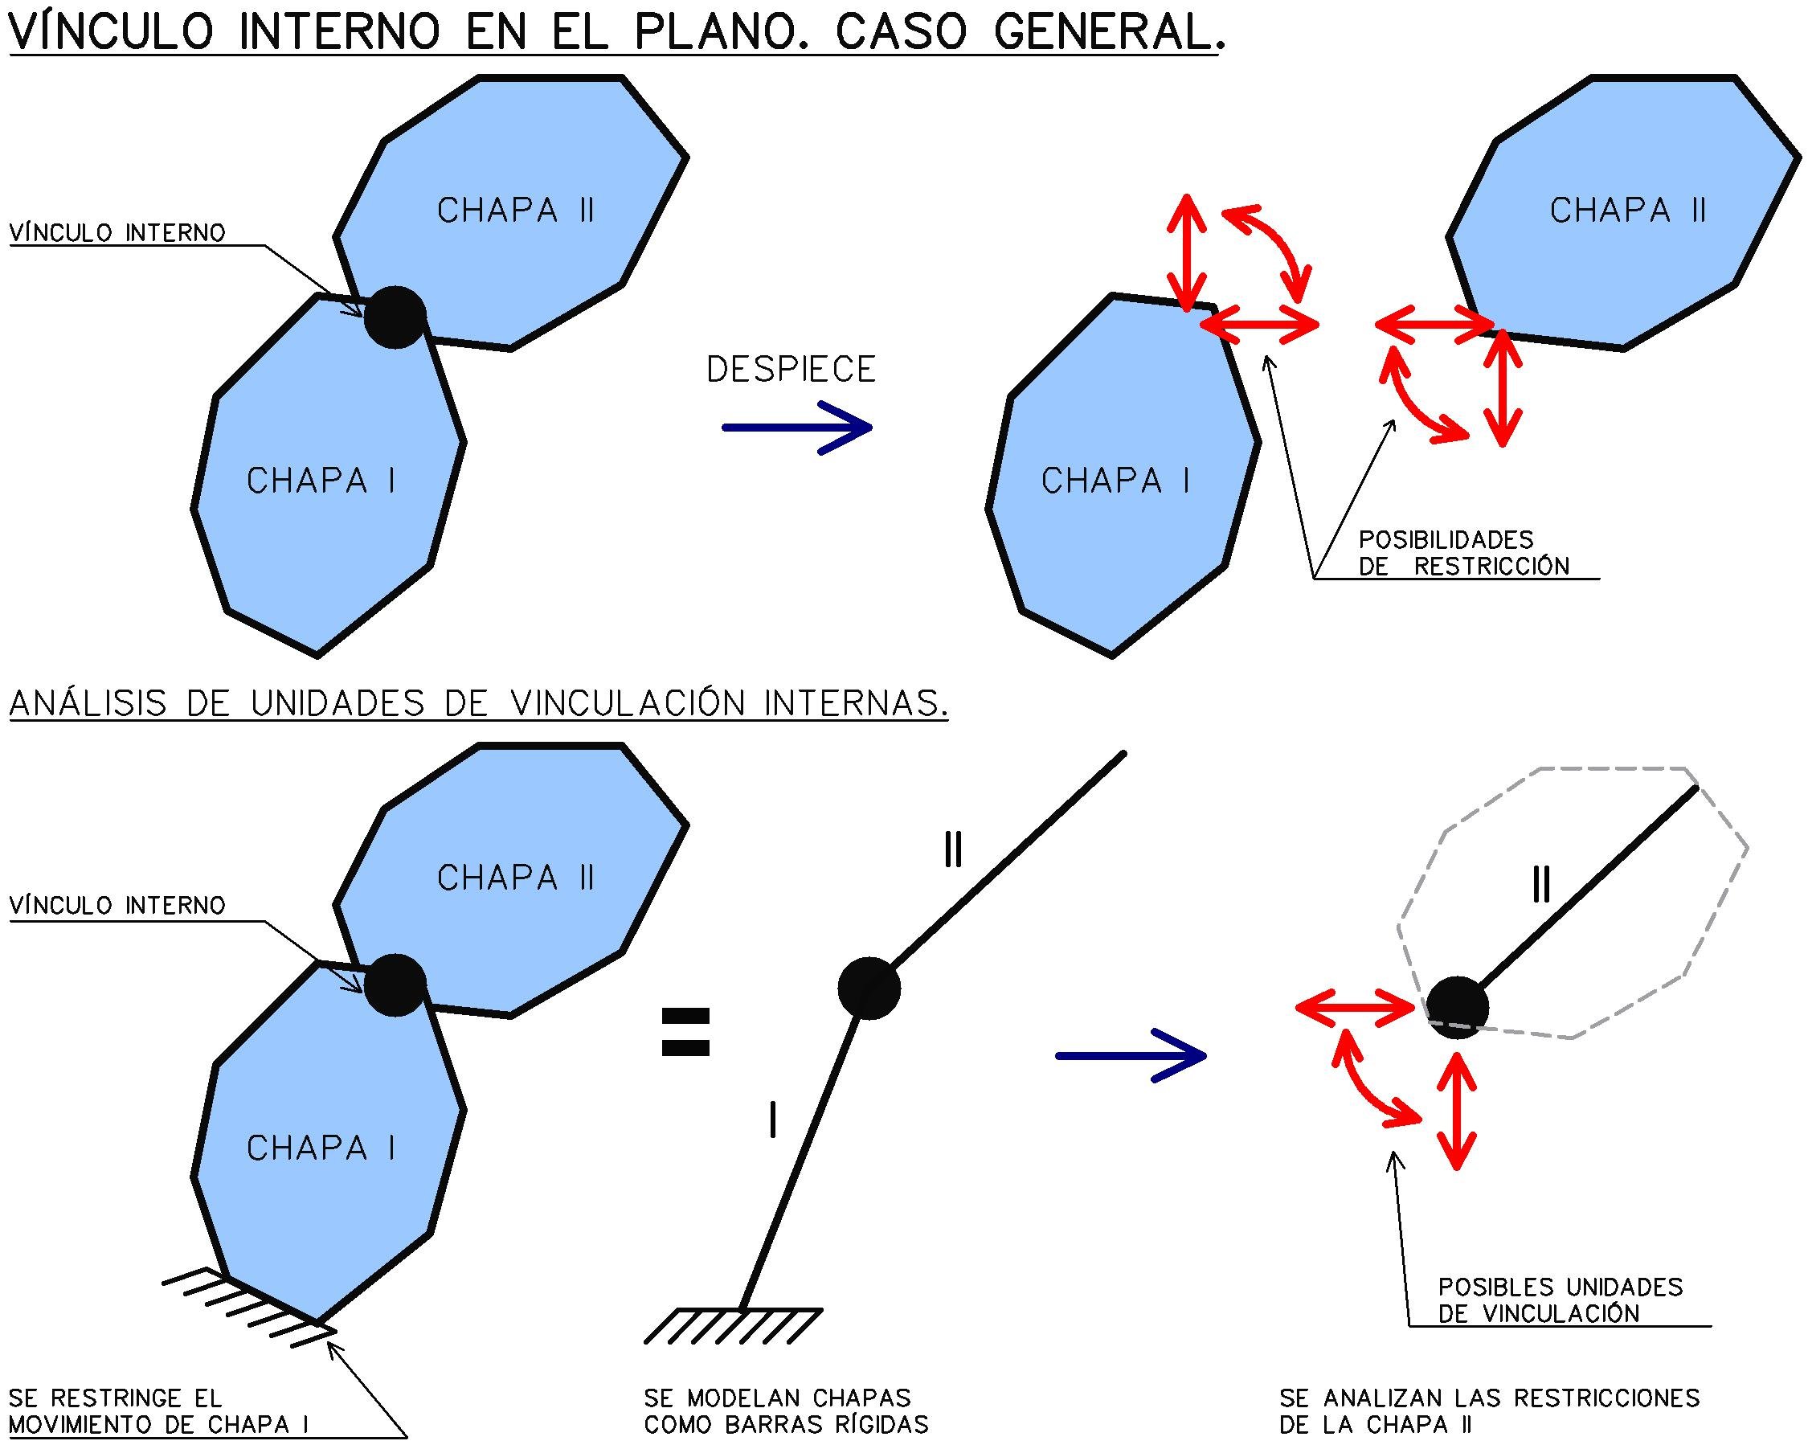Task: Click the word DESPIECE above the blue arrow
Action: [x=791, y=370]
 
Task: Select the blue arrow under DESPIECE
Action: [x=796, y=428]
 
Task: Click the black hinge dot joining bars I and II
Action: [x=869, y=989]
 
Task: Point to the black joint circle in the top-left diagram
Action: [x=395, y=316]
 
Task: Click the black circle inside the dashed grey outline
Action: [x=1458, y=1007]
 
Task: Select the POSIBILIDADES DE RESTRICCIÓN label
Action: [x=1462, y=553]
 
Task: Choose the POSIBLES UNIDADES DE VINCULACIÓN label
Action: [x=1560, y=1299]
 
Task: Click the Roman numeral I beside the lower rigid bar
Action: [x=772, y=1120]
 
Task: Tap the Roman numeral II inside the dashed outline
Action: [x=1540, y=885]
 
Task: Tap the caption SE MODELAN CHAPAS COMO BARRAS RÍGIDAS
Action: [x=786, y=1410]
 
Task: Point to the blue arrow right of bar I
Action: [x=1131, y=1056]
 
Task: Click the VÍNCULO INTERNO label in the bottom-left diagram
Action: [x=117, y=906]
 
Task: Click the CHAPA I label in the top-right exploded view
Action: [x=1115, y=481]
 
